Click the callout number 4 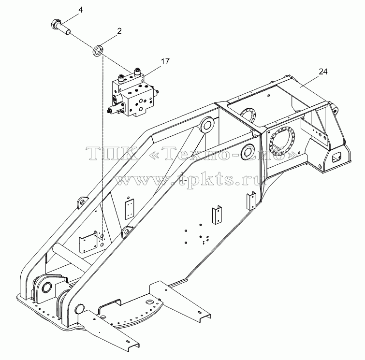click(80, 10)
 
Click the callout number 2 click(119, 31)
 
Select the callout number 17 click(165, 62)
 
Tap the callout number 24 click(323, 72)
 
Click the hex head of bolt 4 click(54, 24)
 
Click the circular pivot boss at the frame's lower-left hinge click(46, 287)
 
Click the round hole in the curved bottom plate click(149, 303)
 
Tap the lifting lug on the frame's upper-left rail click(82, 202)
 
